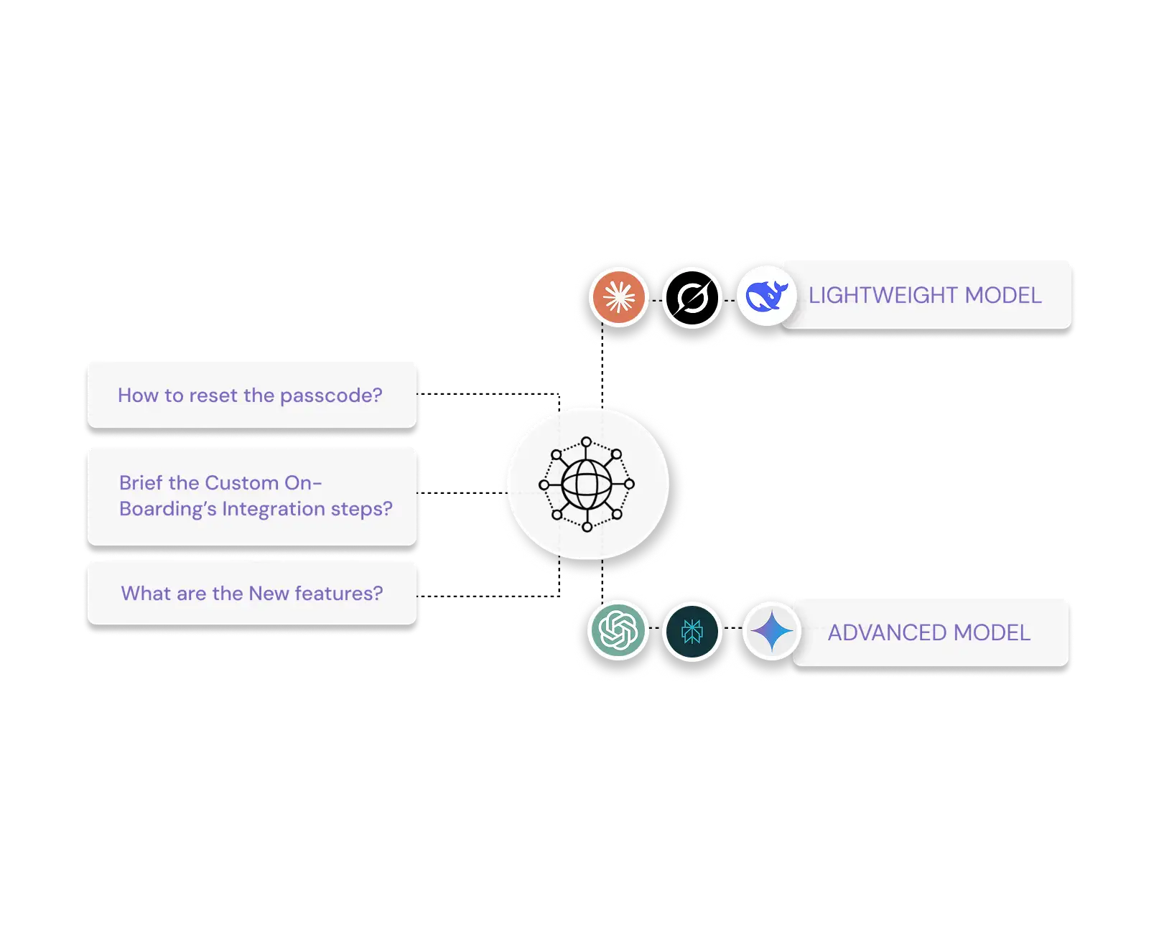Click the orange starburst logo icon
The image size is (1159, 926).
619,296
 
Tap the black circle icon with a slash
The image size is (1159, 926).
692,297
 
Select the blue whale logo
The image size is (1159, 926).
766,296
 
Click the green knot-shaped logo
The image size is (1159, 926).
618,630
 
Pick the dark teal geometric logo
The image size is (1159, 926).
692,631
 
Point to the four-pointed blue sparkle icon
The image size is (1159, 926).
771,632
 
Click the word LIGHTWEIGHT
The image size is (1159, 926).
883,296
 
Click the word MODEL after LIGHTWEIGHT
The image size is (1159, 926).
1003,296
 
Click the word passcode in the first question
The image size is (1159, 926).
330,396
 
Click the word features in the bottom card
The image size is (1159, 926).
338,594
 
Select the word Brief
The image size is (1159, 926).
141,482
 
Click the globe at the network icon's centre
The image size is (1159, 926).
587,485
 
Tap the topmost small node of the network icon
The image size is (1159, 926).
587,442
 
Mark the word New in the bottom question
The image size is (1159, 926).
269,594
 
